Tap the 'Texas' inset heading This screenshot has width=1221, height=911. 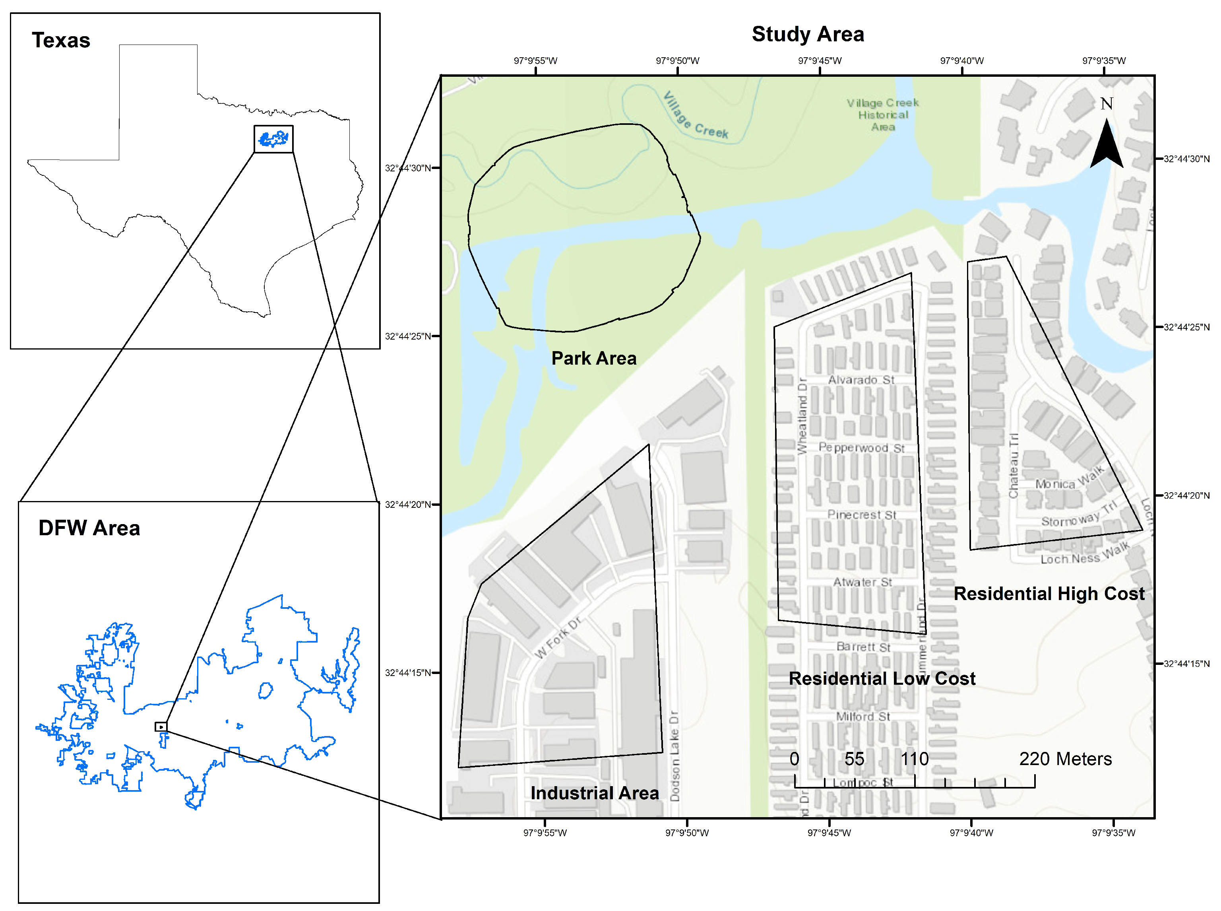(x=61, y=40)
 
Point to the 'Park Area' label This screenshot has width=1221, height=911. (x=594, y=358)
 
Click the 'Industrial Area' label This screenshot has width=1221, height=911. (x=594, y=793)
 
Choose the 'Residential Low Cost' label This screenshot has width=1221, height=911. (x=882, y=678)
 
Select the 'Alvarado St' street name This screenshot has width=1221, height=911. (x=861, y=380)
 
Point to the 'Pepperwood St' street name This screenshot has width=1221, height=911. (x=861, y=447)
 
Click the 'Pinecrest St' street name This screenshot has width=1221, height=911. (x=862, y=515)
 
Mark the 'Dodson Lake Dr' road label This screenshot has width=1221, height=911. (x=674, y=756)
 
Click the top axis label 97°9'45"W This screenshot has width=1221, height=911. (x=819, y=61)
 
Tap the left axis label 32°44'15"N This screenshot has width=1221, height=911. (x=407, y=673)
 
